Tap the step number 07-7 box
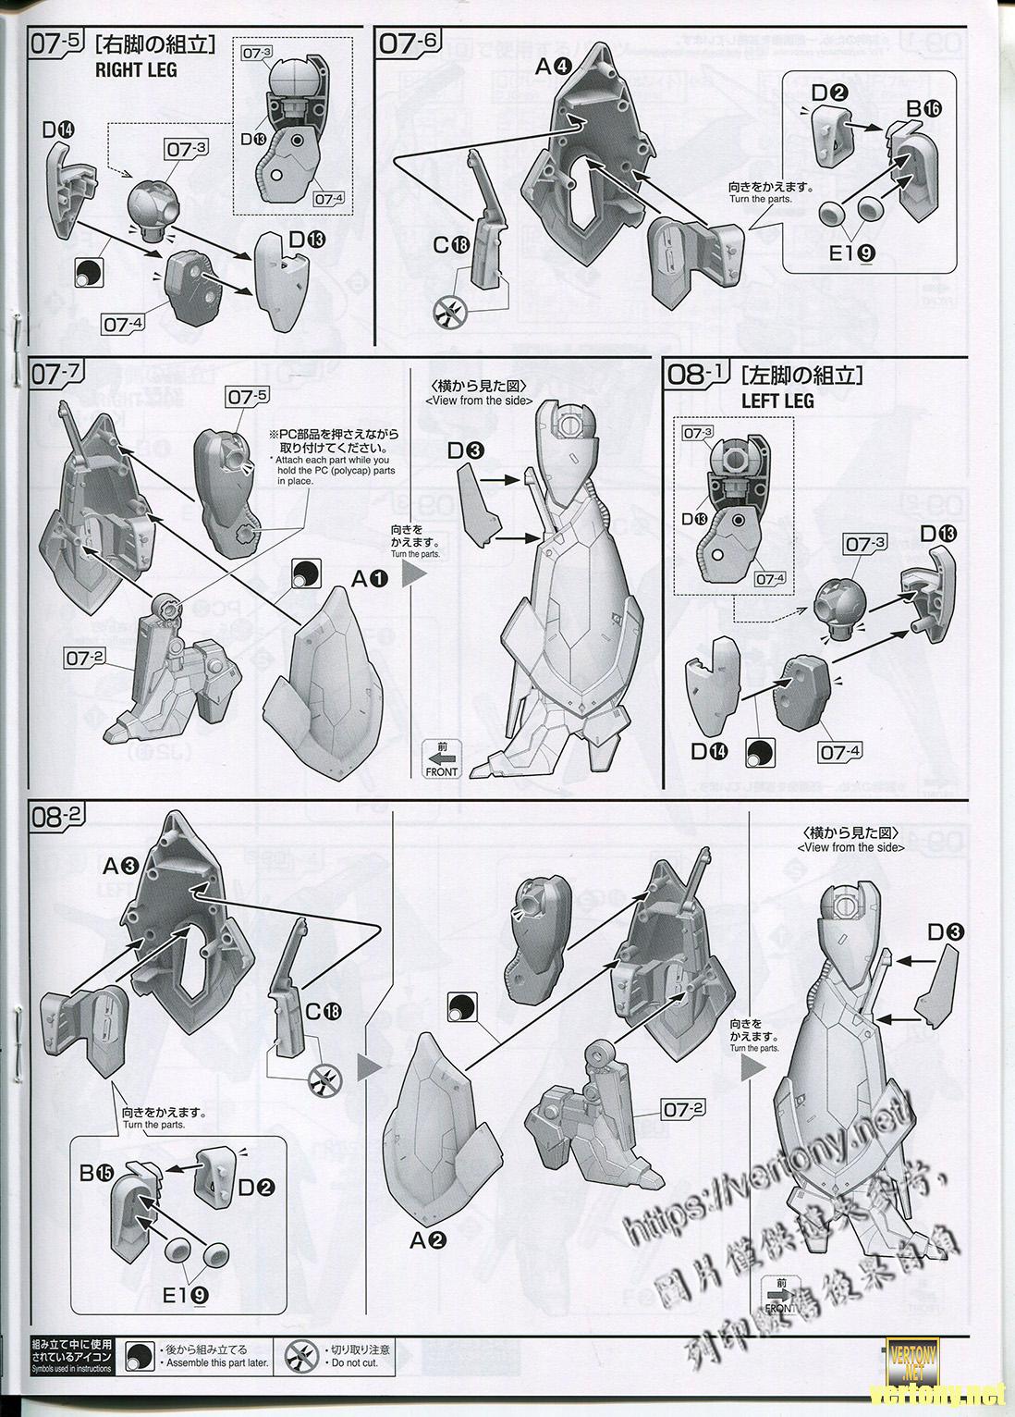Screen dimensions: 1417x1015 (x=57, y=375)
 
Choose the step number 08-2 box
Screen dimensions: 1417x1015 (x=57, y=817)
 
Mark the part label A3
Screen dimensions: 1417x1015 (x=120, y=866)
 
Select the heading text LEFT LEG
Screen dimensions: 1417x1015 (x=777, y=400)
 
